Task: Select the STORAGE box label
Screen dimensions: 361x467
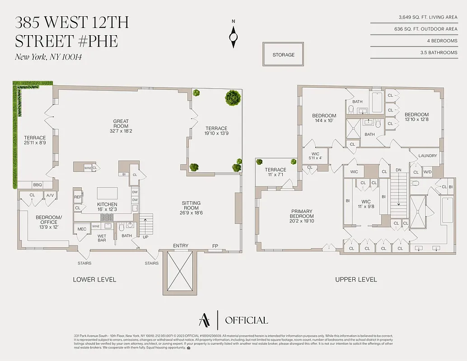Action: pyautogui.click(x=283, y=55)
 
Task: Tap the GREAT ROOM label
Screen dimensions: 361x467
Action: pyautogui.click(x=121, y=124)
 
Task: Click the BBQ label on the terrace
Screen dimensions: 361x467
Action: pyautogui.click(x=37, y=185)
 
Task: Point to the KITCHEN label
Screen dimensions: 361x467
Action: pyautogui.click(x=107, y=207)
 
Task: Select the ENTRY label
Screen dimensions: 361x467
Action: pyautogui.click(x=181, y=246)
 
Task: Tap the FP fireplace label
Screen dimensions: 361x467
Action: pyautogui.click(x=215, y=246)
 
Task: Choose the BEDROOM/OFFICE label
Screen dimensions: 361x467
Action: pyautogui.click(x=49, y=219)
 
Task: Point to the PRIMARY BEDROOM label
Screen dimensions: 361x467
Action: pyautogui.click(x=302, y=214)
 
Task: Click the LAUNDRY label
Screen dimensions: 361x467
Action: pyautogui.click(x=428, y=156)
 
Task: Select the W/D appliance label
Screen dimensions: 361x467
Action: pyautogui.click(x=427, y=172)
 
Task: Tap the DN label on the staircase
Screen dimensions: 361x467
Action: pyautogui.click(x=398, y=171)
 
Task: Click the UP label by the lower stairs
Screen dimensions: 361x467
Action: pyautogui.click(x=145, y=236)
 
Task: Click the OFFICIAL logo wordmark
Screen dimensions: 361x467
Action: pyautogui.click(x=246, y=320)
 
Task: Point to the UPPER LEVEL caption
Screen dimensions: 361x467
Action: pyautogui.click(x=356, y=280)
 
